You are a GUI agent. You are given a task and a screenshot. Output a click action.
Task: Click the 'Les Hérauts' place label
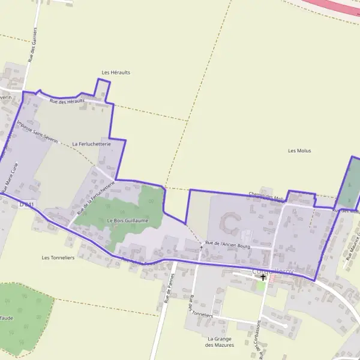coord(116,73)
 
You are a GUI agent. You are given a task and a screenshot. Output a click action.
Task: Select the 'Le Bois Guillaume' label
coord(127,221)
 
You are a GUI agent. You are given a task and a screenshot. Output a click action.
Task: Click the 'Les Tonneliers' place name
coord(58,257)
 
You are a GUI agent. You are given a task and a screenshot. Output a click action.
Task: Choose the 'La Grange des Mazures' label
coord(219,341)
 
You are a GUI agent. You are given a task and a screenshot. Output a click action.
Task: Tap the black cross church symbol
coord(263,278)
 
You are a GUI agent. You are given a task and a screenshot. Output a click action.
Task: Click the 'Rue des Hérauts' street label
coord(67,101)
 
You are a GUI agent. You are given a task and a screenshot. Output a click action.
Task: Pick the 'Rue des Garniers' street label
coord(34,45)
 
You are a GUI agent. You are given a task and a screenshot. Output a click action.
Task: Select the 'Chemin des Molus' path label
coord(266,197)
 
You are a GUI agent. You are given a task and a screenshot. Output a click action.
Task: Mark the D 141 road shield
coord(26,205)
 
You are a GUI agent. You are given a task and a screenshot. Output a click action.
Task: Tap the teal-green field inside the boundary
coord(349,183)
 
